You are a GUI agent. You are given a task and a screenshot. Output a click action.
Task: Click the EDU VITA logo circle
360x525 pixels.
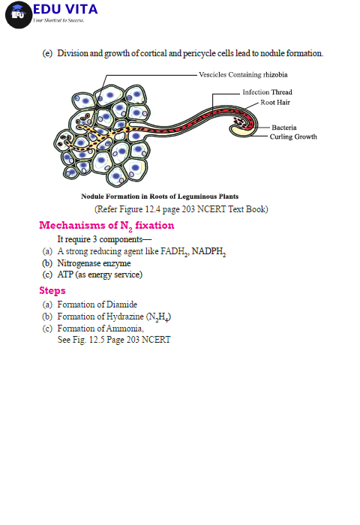(x=19, y=15)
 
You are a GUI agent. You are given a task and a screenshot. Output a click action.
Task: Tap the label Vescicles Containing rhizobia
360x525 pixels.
(x=243, y=75)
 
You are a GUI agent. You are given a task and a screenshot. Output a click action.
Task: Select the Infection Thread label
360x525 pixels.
(x=267, y=92)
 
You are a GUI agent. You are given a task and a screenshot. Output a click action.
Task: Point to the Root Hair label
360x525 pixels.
(x=275, y=103)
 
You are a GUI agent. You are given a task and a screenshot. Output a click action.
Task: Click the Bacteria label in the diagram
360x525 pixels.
(x=284, y=127)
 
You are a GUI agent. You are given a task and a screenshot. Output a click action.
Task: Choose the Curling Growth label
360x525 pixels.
(x=293, y=136)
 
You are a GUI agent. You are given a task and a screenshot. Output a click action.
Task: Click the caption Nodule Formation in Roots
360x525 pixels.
(x=160, y=196)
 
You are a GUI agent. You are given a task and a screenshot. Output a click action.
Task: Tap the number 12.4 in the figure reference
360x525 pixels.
(x=153, y=209)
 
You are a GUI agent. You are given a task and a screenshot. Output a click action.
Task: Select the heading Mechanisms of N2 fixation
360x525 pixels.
(x=106, y=226)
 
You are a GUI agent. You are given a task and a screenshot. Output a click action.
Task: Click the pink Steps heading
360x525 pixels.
(x=52, y=290)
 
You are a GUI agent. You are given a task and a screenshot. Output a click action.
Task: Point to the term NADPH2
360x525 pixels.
(x=208, y=251)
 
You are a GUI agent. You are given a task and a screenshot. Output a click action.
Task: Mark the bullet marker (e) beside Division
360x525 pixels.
(x=47, y=53)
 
